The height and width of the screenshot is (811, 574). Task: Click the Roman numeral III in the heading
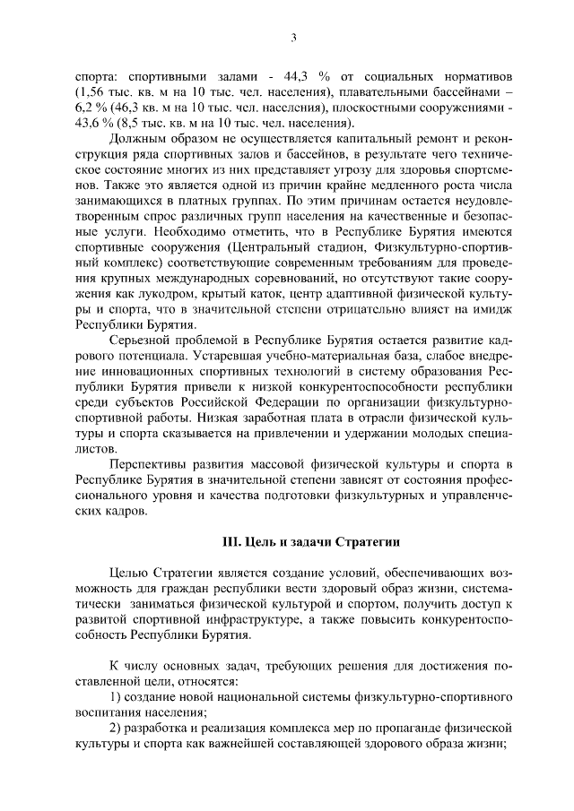coord(230,543)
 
